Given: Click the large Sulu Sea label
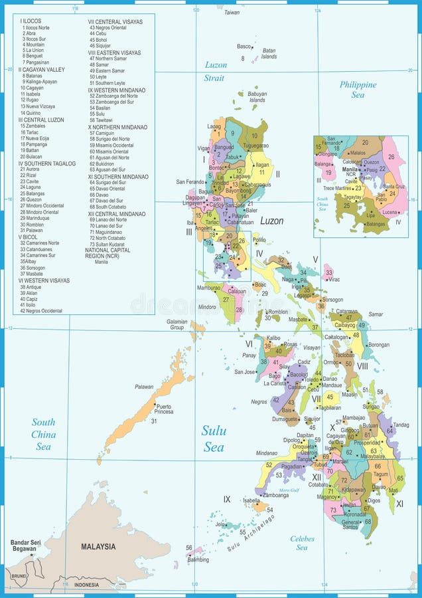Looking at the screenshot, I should (214, 439).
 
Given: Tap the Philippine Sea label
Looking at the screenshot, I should (358, 90).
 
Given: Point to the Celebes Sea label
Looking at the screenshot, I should (301, 543).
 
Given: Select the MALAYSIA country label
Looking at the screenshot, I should (98, 547).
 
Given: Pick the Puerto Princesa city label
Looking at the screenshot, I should (163, 409).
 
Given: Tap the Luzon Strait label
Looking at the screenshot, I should (215, 71).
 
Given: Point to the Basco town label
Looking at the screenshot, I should (244, 47).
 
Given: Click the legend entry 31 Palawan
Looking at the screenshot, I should (32, 231).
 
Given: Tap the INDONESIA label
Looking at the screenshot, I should (86, 585).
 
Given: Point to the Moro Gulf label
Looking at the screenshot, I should (289, 490).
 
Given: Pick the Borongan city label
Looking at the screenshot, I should (379, 345).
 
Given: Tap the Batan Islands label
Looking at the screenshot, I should (269, 53).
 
